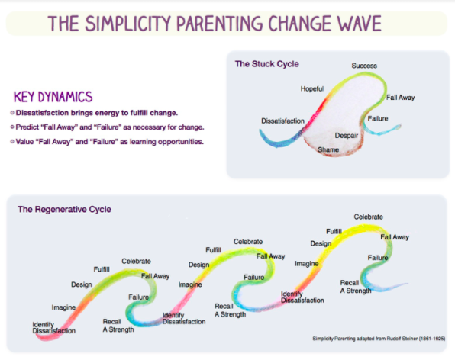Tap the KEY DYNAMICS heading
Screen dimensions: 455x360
click(x=53, y=97)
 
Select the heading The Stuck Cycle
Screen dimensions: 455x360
click(x=267, y=64)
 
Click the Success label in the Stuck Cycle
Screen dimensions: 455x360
click(x=364, y=66)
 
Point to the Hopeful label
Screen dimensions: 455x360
click(x=312, y=88)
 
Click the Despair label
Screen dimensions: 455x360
click(x=347, y=135)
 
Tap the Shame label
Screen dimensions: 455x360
click(x=328, y=149)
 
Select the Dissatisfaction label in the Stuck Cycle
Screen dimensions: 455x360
click(x=282, y=121)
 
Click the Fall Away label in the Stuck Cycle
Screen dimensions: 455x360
click(x=401, y=98)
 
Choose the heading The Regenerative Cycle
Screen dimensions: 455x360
click(x=64, y=209)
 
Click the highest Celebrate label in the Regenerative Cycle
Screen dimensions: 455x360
click(x=368, y=217)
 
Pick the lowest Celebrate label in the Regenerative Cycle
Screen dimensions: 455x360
click(x=136, y=261)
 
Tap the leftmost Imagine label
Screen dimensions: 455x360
click(x=63, y=307)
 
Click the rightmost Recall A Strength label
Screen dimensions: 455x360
click(x=356, y=287)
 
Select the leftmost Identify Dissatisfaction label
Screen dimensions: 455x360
click(x=53, y=327)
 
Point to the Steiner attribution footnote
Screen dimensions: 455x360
click(x=379, y=339)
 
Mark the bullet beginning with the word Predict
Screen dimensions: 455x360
click(x=107, y=127)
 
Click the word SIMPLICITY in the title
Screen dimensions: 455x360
click(x=128, y=24)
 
